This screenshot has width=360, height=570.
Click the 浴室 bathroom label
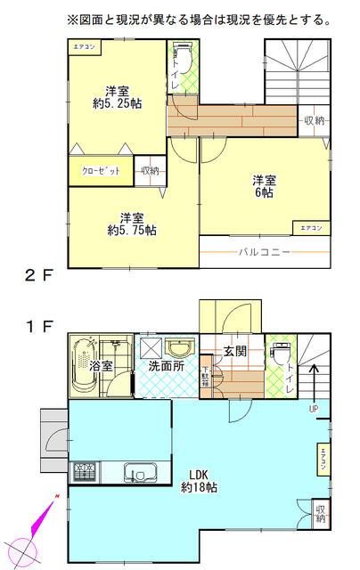pos(101,365)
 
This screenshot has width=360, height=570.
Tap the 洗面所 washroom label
pos(166,365)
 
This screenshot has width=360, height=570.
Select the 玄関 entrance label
pos(234,351)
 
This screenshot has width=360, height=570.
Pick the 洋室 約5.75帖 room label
pos(131,224)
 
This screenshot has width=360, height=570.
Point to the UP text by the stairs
pos(312,409)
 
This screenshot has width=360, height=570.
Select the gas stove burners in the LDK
pos(85,470)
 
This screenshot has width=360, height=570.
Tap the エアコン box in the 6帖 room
pos(311,228)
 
